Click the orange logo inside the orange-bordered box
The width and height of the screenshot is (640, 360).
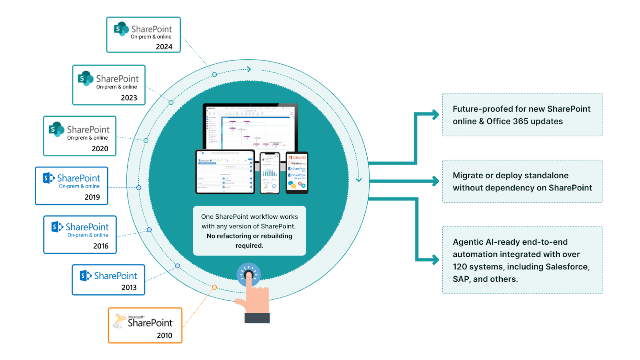[x=120, y=321]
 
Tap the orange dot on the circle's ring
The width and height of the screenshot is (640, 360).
[x=214, y=287]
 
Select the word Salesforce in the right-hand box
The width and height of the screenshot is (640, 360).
[x=567, y=267]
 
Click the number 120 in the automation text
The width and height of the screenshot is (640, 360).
[x=460, y=267]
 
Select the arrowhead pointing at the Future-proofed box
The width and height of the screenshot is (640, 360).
[x=435, y=115]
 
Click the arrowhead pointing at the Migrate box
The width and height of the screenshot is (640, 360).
[x=435, y=181]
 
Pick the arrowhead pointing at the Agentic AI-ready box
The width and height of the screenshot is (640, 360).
[x=435, y=260]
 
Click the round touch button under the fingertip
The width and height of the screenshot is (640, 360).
[x=249, y=275]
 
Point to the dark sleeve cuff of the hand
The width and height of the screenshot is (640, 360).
[x=257, y=318]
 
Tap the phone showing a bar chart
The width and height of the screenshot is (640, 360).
[x=270, y=173]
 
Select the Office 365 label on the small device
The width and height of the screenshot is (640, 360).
[x=299, y=158]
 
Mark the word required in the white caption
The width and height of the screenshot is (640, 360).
[x=249, y=246]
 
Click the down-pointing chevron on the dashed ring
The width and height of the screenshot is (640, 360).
[x=359, y=180]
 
